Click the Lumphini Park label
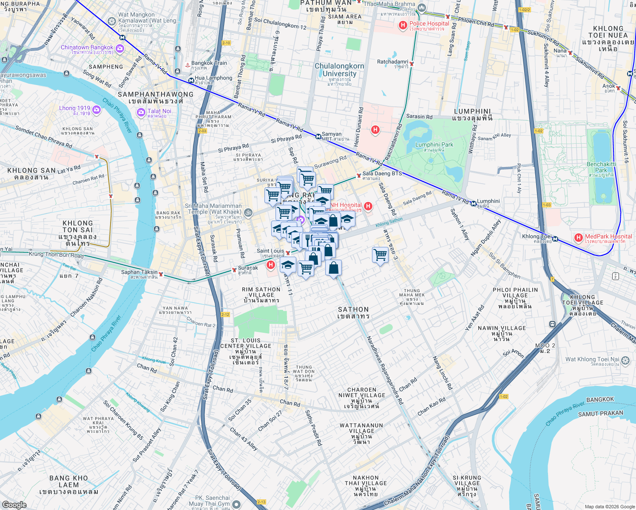[434, 147]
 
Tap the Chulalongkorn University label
[339, 70]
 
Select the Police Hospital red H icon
[403, 26]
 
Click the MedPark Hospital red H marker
[578, 238]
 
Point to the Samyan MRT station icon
[318, 136]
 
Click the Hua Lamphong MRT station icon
[190, 79]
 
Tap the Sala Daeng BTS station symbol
[359, 175]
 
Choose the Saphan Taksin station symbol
[161, 275]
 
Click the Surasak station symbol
[234, 270]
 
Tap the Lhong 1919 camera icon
[97, 110]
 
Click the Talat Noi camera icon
[141, 113]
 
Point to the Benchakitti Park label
[601, 167]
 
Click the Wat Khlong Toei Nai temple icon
[625, 361]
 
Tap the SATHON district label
[353, 312]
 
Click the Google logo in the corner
[14, 504]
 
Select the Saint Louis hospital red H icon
[270, 265]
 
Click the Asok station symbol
[618, 88]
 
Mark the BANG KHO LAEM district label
[69, 484]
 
